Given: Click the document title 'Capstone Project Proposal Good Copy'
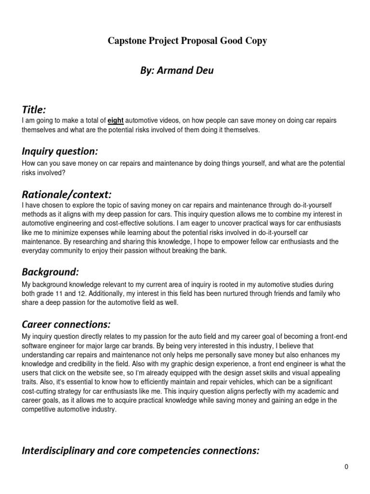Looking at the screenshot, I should click(187, 41).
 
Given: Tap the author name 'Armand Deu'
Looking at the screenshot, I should click(189, 71).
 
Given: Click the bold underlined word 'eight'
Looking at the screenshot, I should click(115, 121).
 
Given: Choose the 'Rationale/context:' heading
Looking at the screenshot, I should click(66, 194).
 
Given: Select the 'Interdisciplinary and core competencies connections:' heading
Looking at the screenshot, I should click(141, 451).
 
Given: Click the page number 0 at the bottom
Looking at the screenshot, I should click(346, 467).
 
